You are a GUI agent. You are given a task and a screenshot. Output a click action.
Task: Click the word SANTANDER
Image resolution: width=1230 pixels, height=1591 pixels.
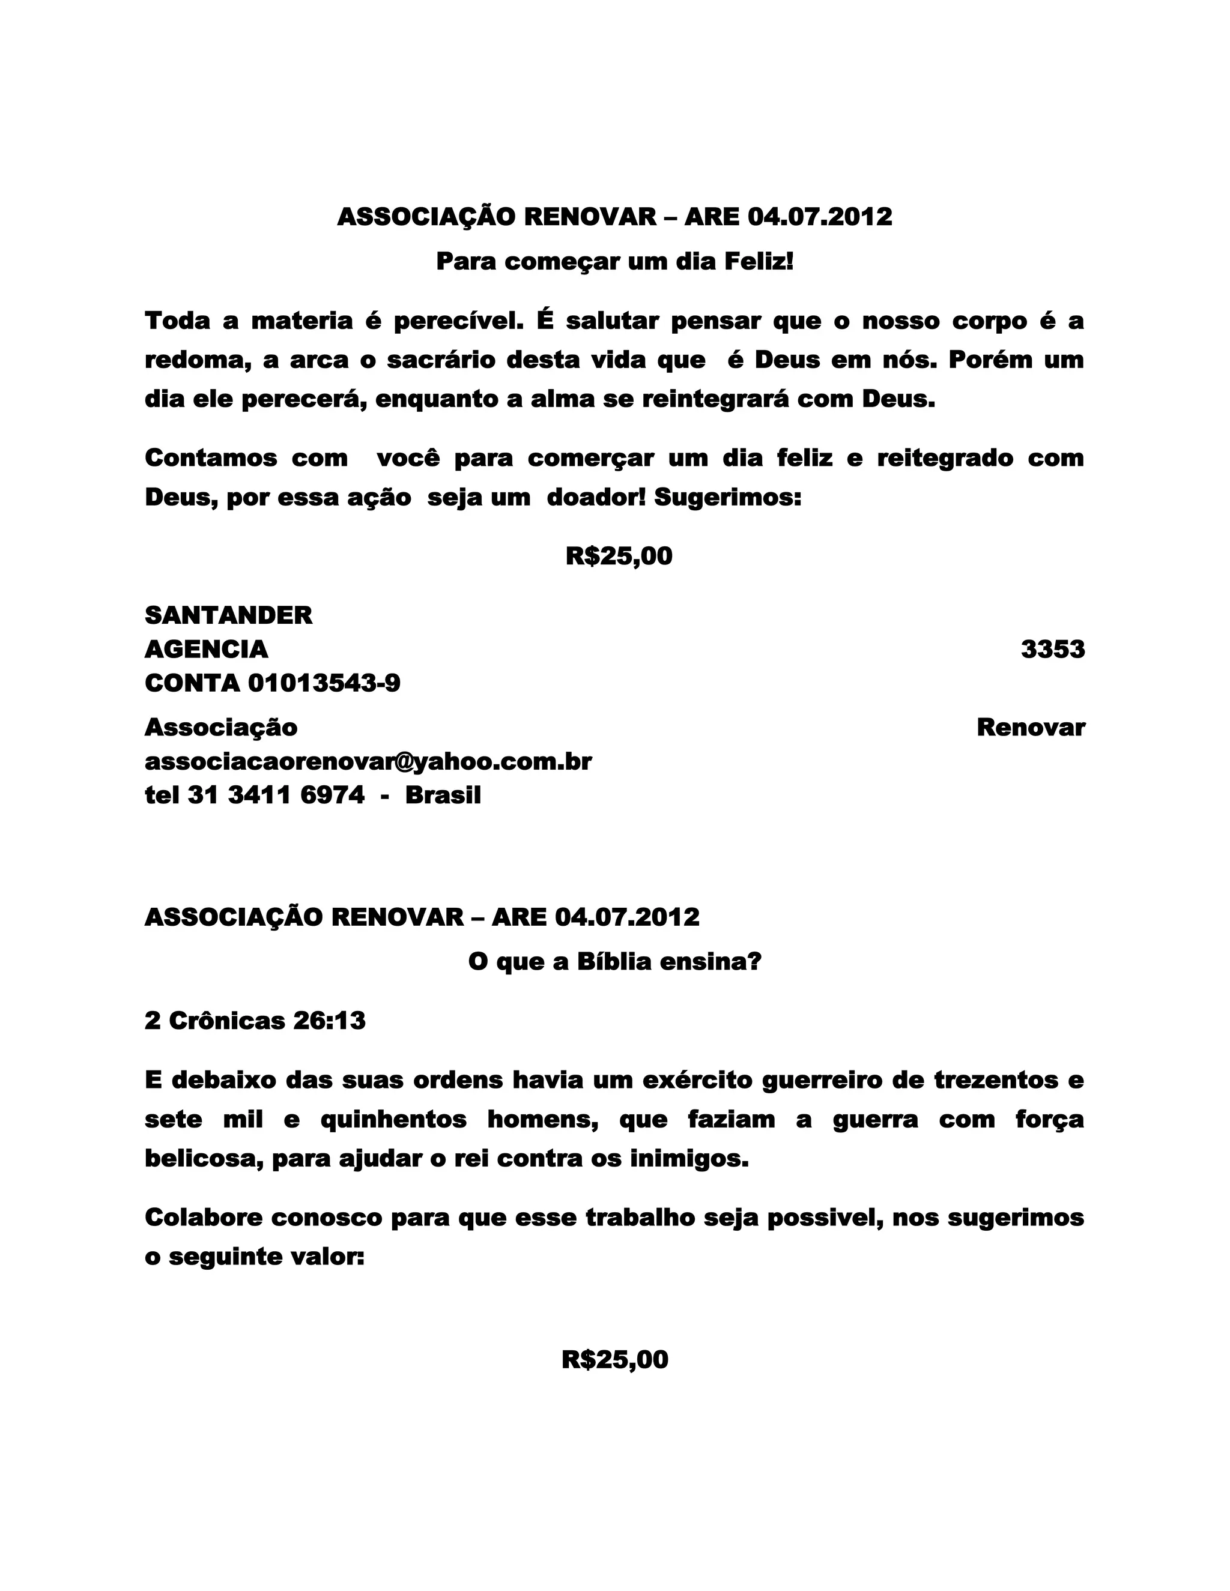tap(228, 615)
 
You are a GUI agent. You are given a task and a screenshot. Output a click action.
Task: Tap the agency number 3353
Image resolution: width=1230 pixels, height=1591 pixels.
tap(1052, 649)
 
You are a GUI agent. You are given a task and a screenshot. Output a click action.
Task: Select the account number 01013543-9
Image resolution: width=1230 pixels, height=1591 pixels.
tap(324, 683)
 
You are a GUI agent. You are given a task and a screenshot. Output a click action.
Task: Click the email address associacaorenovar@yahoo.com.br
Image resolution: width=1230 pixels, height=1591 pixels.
tap(368, 761)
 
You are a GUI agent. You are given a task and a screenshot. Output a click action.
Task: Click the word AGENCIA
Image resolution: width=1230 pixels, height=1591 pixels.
tap(206, 649)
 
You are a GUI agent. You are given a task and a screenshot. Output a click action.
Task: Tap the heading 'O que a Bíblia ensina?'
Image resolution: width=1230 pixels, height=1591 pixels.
tap(614, 962)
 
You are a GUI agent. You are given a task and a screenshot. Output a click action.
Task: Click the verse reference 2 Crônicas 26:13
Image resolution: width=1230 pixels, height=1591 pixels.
tap(255, 1021)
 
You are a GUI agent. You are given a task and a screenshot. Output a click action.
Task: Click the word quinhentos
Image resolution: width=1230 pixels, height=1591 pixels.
tap(393, 1119)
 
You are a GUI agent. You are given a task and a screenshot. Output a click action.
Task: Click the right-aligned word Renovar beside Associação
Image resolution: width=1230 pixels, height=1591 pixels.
tap(1031, 727)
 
